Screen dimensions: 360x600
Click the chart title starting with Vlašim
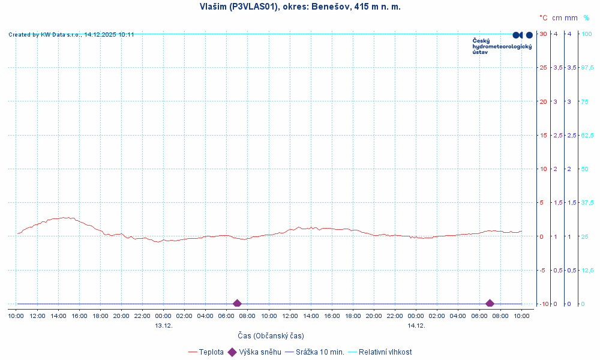(x=300, y=7)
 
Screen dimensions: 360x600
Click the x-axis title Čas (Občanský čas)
(x=271, y=335)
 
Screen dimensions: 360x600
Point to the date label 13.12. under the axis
(x=164, y=325)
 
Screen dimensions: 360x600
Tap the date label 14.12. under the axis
(x=416, y=325)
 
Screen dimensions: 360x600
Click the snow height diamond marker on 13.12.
(x=237, y=304)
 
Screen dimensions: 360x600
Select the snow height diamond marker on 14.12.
(x=490, y=304)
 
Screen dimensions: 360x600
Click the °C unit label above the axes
(x=543, y=18)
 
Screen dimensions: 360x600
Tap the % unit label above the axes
(x=586, y=18)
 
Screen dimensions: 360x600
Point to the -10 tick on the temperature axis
(x=543, y=304)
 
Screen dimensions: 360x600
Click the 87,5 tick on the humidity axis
(x=587, y=67)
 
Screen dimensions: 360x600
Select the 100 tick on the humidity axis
(x=586, y=34)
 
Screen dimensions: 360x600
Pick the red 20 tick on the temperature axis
(x=543, y=101)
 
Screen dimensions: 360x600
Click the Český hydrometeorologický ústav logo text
(x=502, y=46)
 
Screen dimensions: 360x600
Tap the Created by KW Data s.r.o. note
(x=71, y=35)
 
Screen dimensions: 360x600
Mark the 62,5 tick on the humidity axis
(x=587, y=135)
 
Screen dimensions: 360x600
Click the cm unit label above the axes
(x=557, y=18)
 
